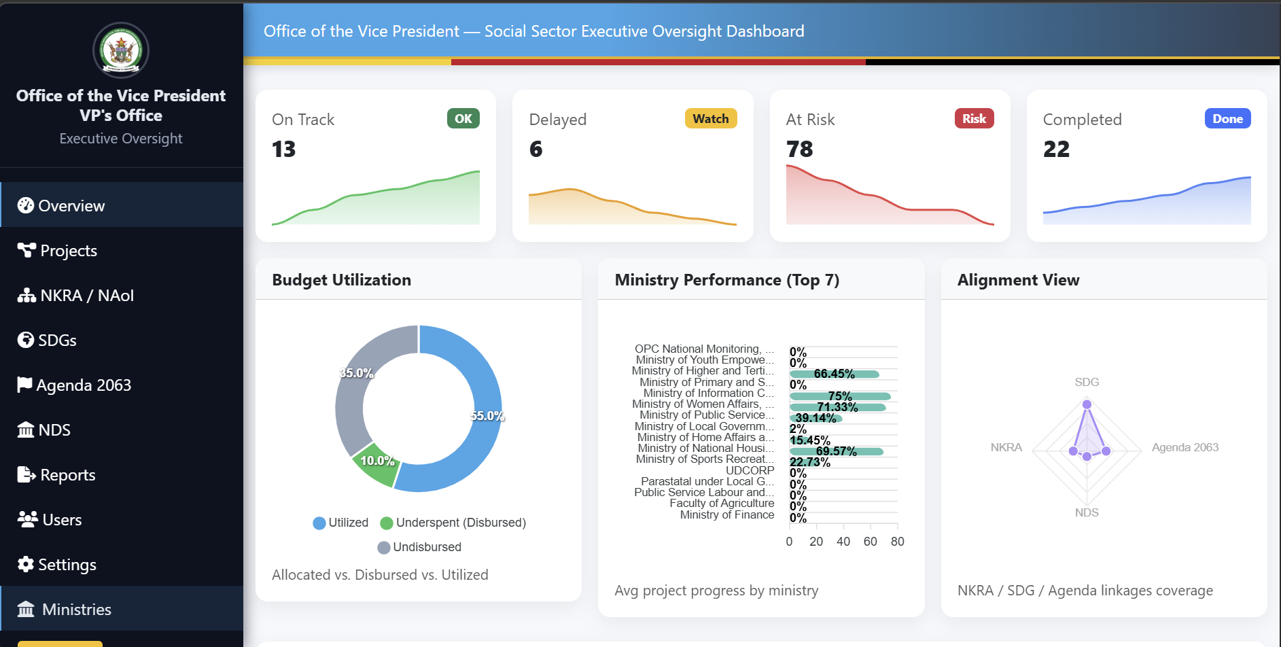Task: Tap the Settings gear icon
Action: coord(26,564)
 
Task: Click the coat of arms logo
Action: coord(121,50)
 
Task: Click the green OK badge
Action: coord(463,118)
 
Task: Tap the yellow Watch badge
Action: coord(710,118)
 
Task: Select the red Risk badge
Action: coord(973,118)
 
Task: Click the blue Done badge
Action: coord(1227,118)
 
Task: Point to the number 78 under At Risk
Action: coord(799,149)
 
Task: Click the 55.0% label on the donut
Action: coord(487,416)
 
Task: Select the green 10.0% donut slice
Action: coord(376,464)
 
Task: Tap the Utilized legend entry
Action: coord(340,523)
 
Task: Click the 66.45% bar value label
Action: coord(834,374)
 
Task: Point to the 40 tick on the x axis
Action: coord(843,542)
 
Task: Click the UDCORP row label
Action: coord(750,470)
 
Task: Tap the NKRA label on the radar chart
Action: coord(1006,447)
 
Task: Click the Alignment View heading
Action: coord(1018,280)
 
